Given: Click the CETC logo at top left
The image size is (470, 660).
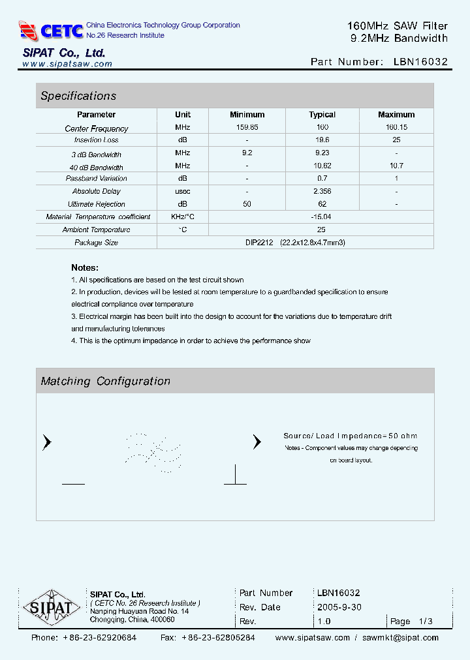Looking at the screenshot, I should click(51, 31).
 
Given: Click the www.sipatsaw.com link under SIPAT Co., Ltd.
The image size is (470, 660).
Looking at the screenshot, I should click(67, 64).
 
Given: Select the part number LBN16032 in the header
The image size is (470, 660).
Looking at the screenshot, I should click(420, 62).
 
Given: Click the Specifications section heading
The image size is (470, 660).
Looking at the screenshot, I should click(78, 96).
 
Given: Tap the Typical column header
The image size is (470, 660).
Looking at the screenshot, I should click(322, 115).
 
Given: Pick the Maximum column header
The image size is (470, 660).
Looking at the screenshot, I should click(396, 115).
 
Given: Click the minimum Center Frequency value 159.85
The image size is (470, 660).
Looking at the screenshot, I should click(247, 128).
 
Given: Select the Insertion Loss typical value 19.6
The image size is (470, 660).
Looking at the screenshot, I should click(322, 140).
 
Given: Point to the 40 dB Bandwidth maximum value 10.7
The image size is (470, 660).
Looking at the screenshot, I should click(396, 166).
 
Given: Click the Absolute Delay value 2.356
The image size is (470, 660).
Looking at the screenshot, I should click(322, 191).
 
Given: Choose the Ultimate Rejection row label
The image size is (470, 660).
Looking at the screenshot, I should click(97, 204).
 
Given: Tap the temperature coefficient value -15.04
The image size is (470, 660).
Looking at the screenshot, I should click(322, 217).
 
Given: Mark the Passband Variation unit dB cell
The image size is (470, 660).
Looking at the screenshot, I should click(183, 179).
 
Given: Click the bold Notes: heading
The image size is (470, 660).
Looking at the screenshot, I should click(85, 267).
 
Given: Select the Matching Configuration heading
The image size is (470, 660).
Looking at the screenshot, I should click(105, 382).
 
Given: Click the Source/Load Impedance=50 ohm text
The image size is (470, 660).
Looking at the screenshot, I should click(350, 436).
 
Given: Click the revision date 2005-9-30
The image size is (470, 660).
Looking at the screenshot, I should click(339, 607).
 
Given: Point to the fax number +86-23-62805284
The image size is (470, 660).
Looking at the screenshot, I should click(218, 638).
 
